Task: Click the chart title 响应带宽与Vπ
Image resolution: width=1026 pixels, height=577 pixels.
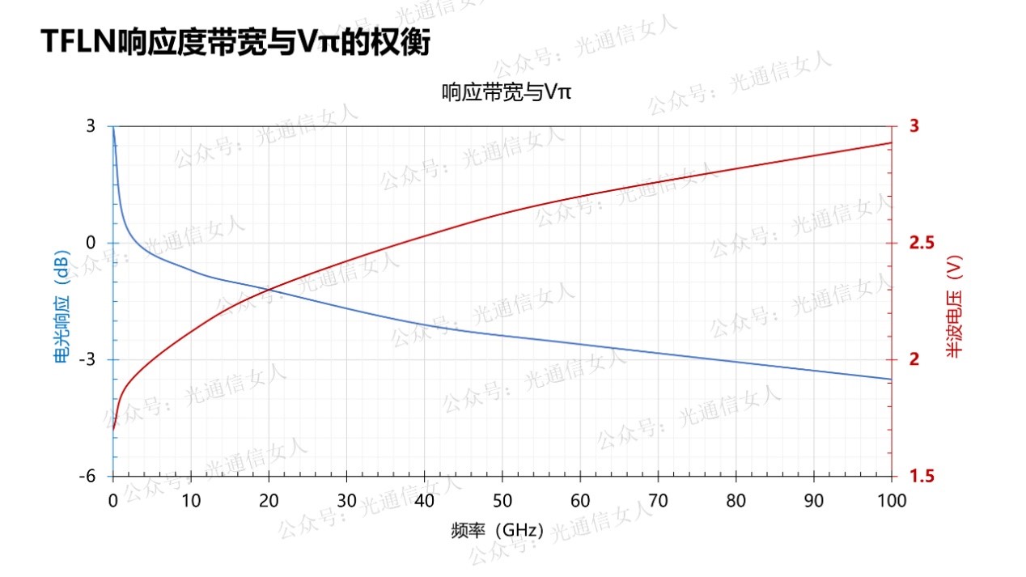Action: (x=507, y=92)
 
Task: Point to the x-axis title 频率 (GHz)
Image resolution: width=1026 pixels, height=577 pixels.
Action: (x=497, y=532)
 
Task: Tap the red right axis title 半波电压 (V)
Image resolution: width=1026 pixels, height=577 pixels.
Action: (x=955, y=307)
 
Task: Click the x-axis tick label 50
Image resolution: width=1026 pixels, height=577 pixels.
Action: (x=502, y=500)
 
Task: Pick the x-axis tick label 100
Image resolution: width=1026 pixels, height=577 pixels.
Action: (x=892, y=500)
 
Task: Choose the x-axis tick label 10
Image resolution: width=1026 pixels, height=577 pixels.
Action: (x=191, y=500)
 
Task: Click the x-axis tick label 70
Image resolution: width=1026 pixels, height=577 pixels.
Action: (x=658, y=500)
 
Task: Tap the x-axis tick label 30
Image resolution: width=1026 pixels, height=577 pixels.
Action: (x=346, y=500)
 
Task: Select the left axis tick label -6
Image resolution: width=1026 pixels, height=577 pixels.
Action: (x=87, y=477)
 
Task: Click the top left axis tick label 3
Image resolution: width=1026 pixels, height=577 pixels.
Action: (x=90, y=126)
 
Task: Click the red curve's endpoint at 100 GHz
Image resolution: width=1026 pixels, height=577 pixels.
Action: (x=891, y=143)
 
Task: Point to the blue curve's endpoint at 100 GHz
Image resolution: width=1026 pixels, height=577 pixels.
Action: (x=891, y=379)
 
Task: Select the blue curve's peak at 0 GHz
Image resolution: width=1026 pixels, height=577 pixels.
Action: (x=113, y=128)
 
